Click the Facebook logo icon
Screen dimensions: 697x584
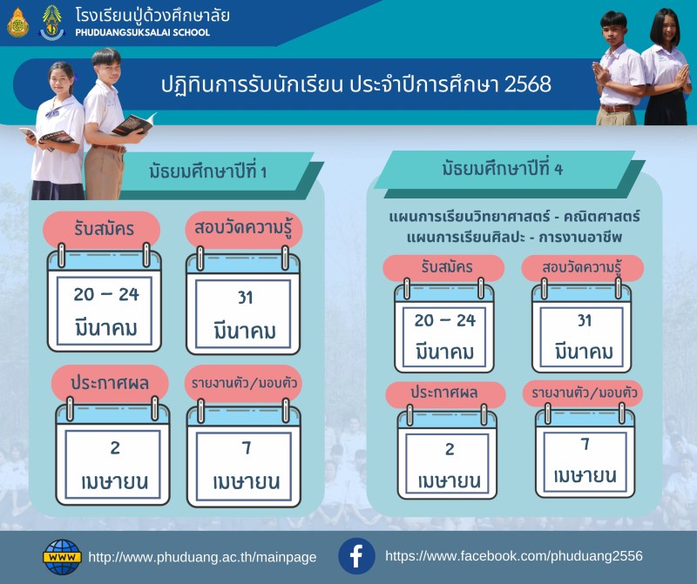point(356,556)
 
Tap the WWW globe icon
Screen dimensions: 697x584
point(62,557)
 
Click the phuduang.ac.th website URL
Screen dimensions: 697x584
point(202,557)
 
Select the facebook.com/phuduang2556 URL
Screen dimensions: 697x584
point(514,556)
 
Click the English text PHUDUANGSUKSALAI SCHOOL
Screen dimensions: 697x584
point(142,32)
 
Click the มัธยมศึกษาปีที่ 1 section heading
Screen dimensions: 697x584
point(207,171)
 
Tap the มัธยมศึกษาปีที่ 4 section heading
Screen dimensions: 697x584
point(503,169)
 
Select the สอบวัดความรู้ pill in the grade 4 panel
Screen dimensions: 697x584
point(582,268)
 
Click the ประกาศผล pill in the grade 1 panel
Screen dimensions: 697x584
point(110,383)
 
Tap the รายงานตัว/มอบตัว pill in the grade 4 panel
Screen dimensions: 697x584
point(583,393)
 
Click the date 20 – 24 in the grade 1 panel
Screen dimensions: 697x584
point(106,294)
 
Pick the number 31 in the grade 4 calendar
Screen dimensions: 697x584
point(584,320)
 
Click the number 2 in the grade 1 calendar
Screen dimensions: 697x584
point(115,447)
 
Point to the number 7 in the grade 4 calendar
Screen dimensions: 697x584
point(585,444)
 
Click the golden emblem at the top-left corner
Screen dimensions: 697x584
point(17,23)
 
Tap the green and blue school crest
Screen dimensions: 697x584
point(52,23)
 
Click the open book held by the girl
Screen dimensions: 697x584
point(47,135)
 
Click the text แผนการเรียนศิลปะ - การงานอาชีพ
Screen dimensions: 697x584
point(514,238)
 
